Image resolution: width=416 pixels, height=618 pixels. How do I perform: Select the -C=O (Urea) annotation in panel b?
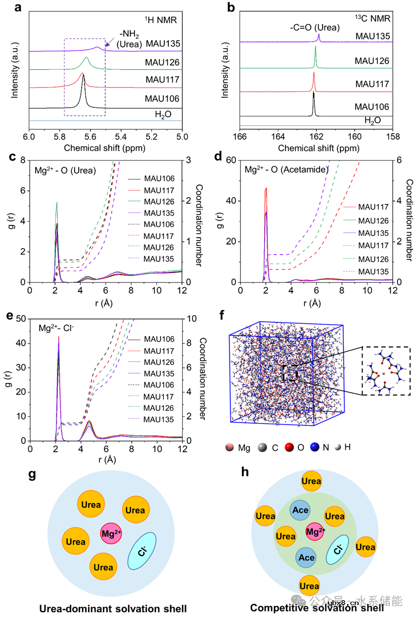pyautogui.click(x=315, y=28)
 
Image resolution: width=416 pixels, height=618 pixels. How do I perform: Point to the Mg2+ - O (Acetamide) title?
pyautogui.click(x=286, y=169)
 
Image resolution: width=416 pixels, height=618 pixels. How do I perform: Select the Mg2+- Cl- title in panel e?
pyautogui.click(x=58, y=328)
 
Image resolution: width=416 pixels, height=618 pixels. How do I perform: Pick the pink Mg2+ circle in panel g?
pyautogui.click(x=111, y=533)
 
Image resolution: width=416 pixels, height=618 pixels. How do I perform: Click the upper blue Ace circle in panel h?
pyautogui.click(x=300, y=510)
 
